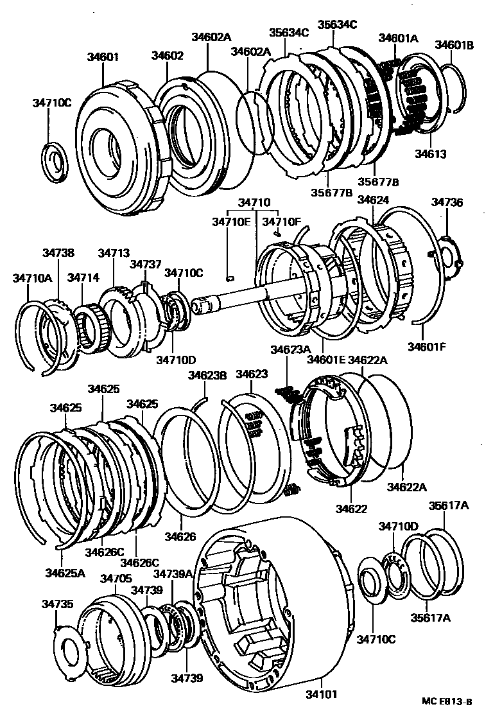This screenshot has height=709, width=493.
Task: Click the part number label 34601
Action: (x=103, y=56)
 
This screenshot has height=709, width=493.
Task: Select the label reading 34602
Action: (x=168, y=56)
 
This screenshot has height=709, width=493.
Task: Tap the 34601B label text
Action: (x=454, y=45)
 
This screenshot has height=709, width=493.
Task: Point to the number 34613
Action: (x=430, y=154)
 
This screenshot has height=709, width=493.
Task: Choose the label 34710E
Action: (x=231, y=222)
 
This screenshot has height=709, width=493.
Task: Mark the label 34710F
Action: (x=282, y=222)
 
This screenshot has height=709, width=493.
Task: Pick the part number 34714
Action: (x=83, y=277)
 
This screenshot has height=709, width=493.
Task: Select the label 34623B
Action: (x=207, y=375)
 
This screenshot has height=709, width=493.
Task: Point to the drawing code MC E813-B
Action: (x=447, y=701)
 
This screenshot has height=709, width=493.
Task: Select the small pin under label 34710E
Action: (x=231, y=278)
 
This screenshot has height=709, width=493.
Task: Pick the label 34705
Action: (x=116, y=579)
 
